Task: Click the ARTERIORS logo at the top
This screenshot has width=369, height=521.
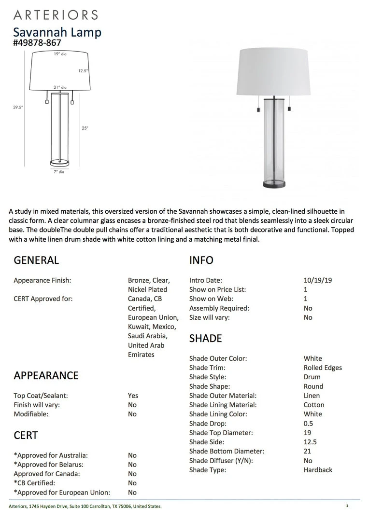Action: coord(56,14)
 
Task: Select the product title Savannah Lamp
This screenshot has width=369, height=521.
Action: coord(57,32)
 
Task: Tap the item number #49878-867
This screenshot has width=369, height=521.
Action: coord(37,43)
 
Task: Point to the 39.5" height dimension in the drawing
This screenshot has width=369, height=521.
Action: coord(18,108)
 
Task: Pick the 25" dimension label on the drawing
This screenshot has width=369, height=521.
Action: coord(85,128)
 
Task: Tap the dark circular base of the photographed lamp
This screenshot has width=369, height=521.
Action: coord(273,184)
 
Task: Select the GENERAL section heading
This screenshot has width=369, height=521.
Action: coord(36,260)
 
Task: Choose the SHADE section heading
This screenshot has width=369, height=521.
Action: coord(205,339)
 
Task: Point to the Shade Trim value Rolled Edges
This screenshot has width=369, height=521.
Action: coord(323,368)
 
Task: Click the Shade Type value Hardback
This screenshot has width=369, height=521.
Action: coord(318,470)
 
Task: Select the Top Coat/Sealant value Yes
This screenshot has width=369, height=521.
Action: coord(133,396)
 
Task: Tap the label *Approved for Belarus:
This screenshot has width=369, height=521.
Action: coord(48,465)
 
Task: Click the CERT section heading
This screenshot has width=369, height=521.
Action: coord(26,436)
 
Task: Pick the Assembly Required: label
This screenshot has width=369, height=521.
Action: coord(219,308)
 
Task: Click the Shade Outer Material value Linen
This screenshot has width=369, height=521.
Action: coord(312,396)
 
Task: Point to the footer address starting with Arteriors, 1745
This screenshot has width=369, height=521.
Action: coord(85,506)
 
